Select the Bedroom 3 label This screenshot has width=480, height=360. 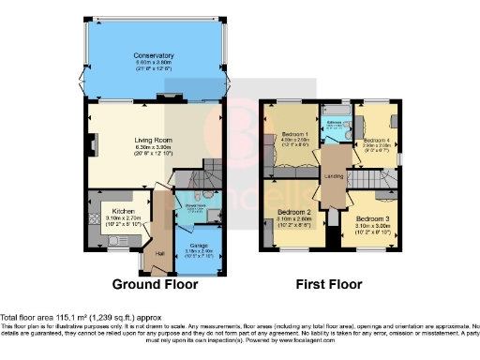373,217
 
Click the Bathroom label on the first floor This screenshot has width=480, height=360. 334,121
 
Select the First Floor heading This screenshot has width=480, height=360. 329,284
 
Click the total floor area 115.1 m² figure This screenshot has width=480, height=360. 78,317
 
